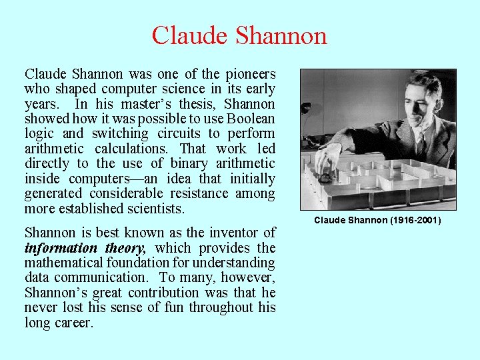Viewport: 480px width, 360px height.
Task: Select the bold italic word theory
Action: pos(121,248)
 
